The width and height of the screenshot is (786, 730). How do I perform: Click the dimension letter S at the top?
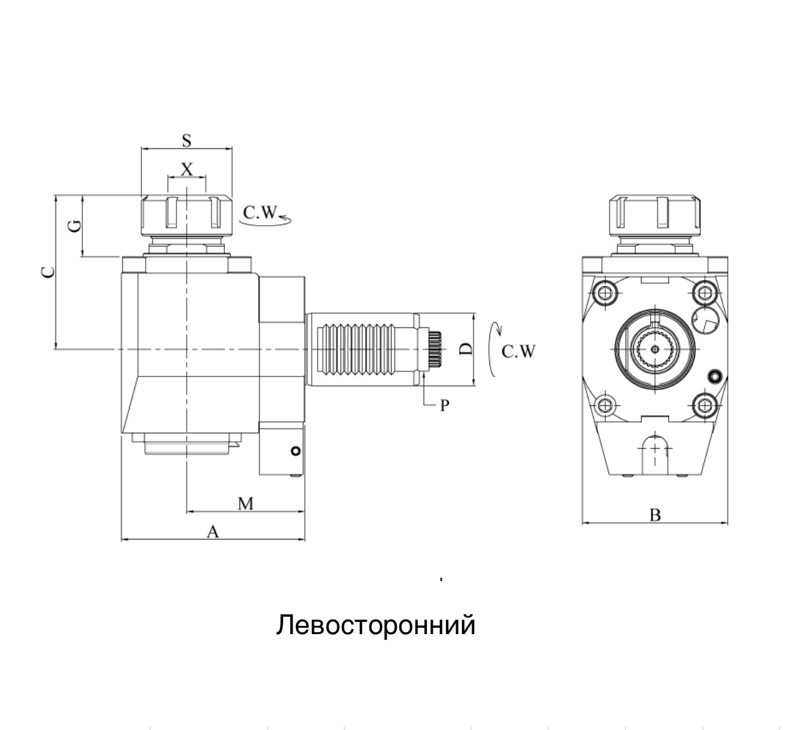click(x=187, y=139)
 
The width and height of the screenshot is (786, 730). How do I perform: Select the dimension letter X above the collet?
click(x=187, y=169)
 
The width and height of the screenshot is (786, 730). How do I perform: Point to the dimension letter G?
click(x=74, y=226)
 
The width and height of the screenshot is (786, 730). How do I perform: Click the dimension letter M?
click(x=246, y=504)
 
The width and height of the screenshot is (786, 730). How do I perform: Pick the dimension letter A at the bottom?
click(x=213, y=531)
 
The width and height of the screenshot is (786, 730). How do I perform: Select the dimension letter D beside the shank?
click(x=466, y=349)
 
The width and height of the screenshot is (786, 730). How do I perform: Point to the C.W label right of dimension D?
click(x=518, y=352)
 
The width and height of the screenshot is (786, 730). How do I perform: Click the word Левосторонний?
click(x=376, y=625)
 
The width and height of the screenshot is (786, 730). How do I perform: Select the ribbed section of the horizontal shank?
click(x=354, y=349)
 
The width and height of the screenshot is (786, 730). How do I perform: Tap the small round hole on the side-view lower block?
click(x=295, y=451)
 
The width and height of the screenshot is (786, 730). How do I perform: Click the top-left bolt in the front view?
click(x=605, y=293)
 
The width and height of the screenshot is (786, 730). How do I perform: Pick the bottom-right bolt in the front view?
click(x=704, y=405)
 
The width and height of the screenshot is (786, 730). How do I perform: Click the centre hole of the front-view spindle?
click(x=655, y=349)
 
